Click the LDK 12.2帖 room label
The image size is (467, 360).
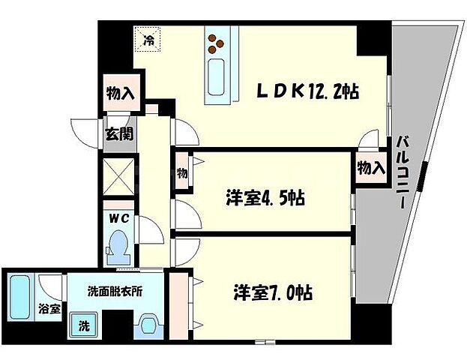[308, 91]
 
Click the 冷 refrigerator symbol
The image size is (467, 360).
[148, 40]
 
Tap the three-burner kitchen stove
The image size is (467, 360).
[216, 44]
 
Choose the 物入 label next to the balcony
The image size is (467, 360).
[371, 169]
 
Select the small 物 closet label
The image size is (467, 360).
[181, 172]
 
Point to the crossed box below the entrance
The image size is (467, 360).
[118, 177]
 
